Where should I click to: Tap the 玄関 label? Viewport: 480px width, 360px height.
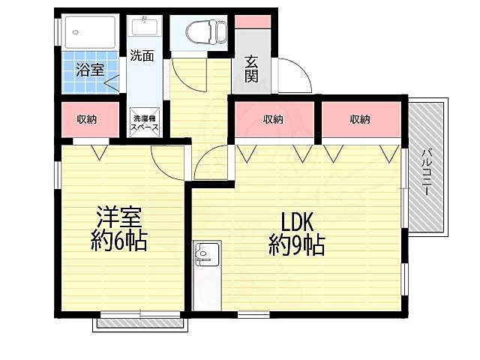(x=250, y=70)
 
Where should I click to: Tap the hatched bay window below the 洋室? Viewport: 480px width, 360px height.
(x=140, y=324)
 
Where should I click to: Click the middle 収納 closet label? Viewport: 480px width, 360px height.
(x=273, y=119)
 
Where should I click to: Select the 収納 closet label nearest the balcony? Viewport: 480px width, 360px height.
(x=359, y=119)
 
